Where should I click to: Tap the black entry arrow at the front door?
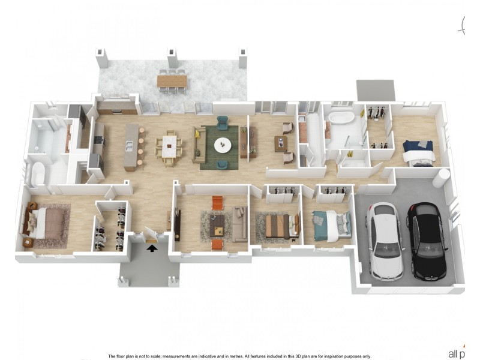point(152,247)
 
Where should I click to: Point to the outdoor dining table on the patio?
point(172,80)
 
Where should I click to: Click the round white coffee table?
point(223,144)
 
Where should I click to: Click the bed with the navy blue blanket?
point(418,150)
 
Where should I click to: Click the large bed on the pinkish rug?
point(46,223)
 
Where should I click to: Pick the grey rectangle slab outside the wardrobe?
point(376,91)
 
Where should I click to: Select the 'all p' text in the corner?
point(457,353)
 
